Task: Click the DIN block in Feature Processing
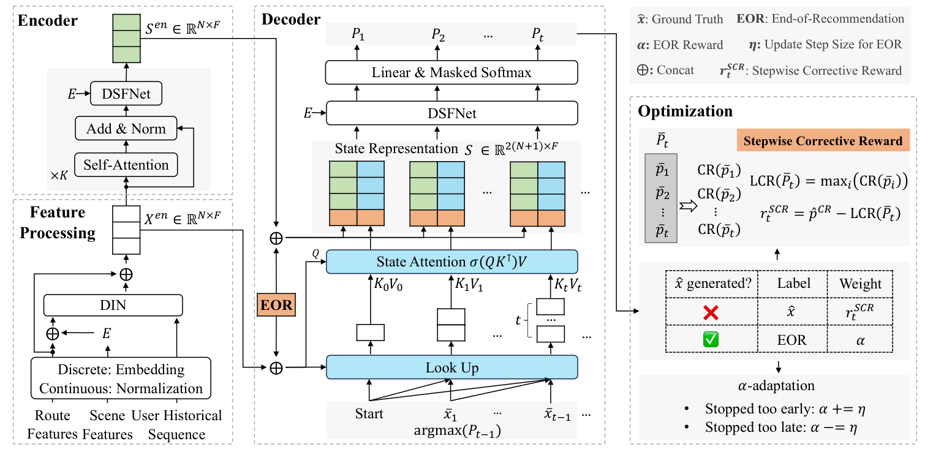point(113,304)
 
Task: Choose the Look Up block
point(452,367)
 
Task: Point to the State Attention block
point(452,262)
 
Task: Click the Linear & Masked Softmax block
point(452,73)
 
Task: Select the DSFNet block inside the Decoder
point(452,113)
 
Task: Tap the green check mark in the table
point(711,339)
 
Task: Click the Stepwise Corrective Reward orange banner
point(823,141)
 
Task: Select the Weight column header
point(861,284)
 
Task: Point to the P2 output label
point(438,35)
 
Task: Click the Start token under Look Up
point(369,413)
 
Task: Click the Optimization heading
point(685,111)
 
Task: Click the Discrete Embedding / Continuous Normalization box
point(121,379)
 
